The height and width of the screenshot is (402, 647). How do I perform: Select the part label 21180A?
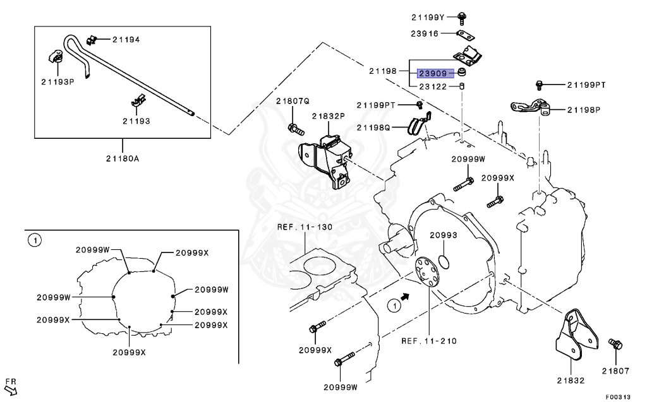pyautogui.click(x=123, y=158)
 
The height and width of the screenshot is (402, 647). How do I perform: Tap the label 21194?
pyautogui.click(x=126, y=40)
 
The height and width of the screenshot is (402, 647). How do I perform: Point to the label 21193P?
pyautogui.click(x=58, y=82)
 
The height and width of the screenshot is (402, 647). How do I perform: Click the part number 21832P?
pyautogui.click(x=328, y=116)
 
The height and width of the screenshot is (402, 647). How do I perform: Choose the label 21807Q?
pyautogui.click(x=293, y=101)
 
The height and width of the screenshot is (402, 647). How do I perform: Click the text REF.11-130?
pyautogui.click(x=305, y=227)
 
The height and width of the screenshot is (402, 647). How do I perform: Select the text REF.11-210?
pyautogui.click(x=429, y=341)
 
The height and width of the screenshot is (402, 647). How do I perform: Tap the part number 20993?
pyautogui.click(x=444, y=235)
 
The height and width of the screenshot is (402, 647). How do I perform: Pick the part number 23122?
pyautogui.click(x=430, y=86)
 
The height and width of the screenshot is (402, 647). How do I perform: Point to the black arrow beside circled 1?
pyautogui.click(x=406, y=295)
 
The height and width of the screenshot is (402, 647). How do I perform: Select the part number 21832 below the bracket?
pyautogui.click(x=570, y=381)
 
